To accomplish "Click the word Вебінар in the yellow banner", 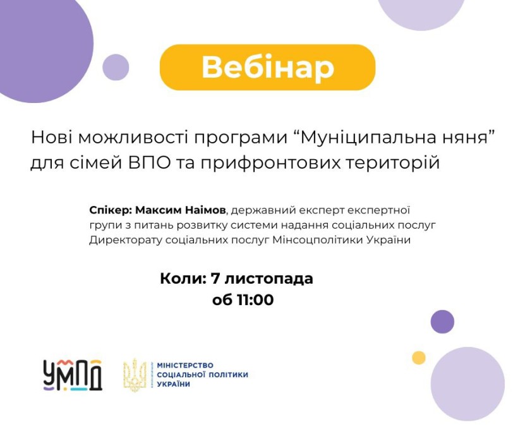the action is coord(268,68).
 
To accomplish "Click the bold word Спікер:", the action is coord(111,210).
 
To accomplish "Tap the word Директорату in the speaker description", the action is coord(126,240).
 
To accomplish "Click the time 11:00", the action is coord(255,300).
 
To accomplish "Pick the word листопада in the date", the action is coord(268,279).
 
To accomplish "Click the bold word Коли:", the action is coord(183,279).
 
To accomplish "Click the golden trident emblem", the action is coord(135,375).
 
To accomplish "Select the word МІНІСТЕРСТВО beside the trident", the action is coord(185,365).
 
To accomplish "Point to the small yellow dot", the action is coord(419,358).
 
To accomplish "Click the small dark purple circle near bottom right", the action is coord(442,322).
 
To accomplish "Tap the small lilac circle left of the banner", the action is coord(116,68).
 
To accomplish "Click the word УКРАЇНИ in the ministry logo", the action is coord(174,384).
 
